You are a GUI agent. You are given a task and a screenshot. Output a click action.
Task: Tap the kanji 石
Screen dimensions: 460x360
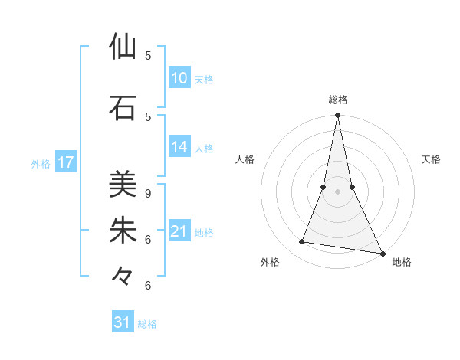tap(123, 108)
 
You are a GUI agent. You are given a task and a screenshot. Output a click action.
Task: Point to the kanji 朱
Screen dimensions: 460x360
tap(123, 231)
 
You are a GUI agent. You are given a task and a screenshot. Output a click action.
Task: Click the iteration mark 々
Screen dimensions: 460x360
tap(123, 276)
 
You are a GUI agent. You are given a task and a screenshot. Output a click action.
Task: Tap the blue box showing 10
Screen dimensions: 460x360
tap(179, 78)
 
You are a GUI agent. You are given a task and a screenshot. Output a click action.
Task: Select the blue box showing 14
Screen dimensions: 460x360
tap(179, 147)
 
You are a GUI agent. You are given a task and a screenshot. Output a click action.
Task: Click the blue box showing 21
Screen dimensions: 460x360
tap(179, 231)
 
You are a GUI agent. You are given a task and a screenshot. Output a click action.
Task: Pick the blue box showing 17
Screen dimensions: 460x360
tap(66, 162)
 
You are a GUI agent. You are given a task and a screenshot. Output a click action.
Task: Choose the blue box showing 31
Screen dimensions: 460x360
tap(123, 322)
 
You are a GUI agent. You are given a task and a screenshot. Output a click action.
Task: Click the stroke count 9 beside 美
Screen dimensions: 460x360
tap(148, 193)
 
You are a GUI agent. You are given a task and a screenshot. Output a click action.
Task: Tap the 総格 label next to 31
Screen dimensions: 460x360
tap(147, 324)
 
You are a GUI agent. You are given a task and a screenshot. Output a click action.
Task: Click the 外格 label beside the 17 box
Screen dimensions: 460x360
tap(41, 163)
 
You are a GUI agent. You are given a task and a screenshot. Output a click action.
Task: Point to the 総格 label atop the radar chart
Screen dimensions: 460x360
tap(337, 100)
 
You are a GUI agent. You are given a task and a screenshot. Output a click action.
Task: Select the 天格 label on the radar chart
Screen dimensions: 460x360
tap(432, 159)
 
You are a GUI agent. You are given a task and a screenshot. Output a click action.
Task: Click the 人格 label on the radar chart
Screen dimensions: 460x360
tap(245, 159)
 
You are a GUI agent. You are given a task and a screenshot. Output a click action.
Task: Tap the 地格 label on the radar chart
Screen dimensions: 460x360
tap(402, 262)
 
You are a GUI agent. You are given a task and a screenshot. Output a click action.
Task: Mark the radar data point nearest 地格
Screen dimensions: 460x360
tap(382, 253)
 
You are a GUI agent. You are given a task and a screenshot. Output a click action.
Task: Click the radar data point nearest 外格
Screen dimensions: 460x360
tap(302, 242)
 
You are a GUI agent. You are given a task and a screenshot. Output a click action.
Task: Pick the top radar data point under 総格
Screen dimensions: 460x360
tap(337, 116)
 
